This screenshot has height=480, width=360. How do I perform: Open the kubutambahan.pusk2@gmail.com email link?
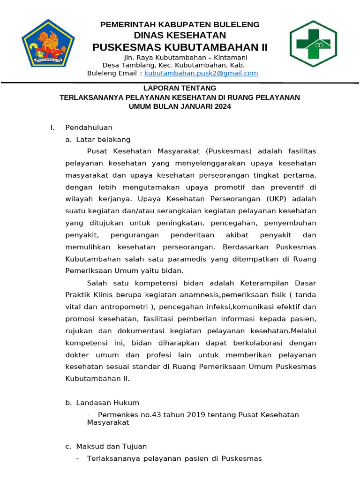(201, 74)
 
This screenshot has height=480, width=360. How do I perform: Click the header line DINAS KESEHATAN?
(180, 36)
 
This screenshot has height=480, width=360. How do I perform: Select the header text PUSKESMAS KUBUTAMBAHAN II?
(180, 47)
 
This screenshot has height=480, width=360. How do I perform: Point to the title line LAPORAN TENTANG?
(180, 88)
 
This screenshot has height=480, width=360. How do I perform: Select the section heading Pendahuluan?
(89, 127)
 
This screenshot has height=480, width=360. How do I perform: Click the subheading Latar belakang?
(103, 140)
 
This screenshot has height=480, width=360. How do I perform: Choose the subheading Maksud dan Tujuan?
(111, 447)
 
